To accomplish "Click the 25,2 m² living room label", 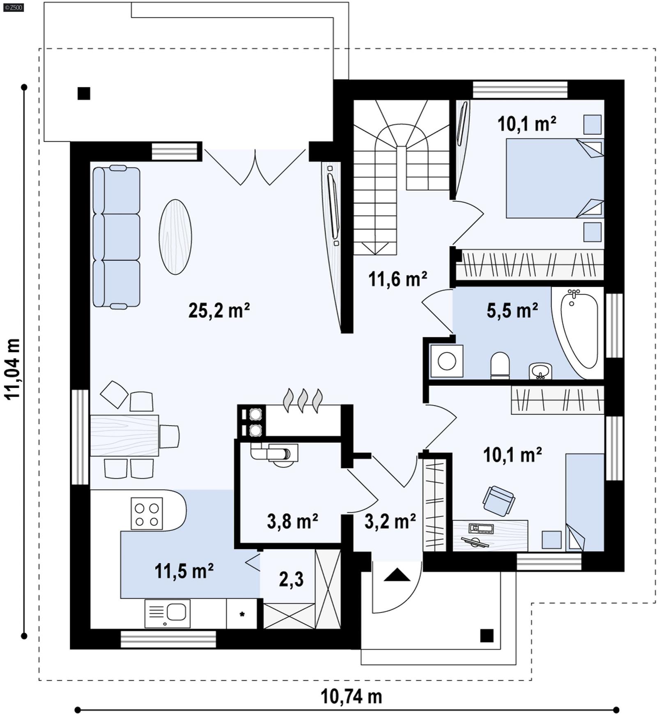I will pos(219,311).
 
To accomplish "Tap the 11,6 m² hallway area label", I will pos(397,279).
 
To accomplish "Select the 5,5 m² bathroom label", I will pos(512,311).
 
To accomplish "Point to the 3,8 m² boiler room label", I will pos(292,521).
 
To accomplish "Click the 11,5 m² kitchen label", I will pos(184,571).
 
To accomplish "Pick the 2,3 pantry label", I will pos(291,579).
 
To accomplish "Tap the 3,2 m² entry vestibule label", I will pos(390,521).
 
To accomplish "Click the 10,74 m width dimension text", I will pos(351,696).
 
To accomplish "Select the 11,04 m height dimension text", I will pos(12,369).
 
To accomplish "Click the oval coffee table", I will pos(175,237).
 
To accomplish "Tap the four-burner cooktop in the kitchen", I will pos(147,514).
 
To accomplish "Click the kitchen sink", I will pos(168,613).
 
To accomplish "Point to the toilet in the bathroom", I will pos(500,365).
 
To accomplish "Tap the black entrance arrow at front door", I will pos(397,575).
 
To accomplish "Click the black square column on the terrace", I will pos(84,94).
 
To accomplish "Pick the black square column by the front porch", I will pos(487,636).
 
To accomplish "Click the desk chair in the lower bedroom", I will pos(498,501).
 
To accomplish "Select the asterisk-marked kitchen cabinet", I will pos(242,614).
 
